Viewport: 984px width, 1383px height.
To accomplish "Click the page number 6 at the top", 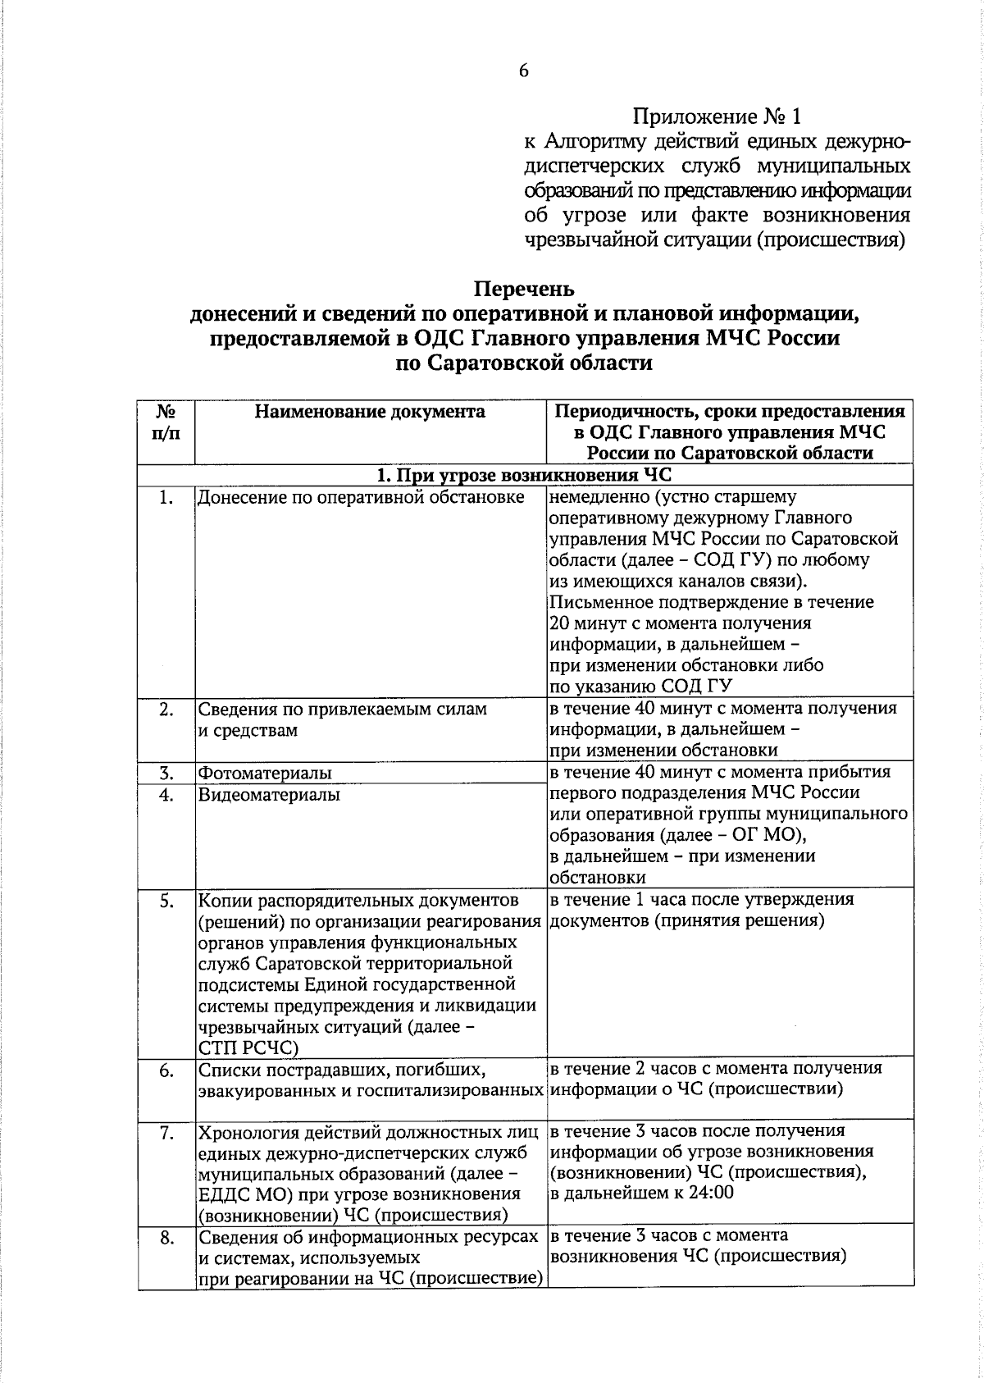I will pos(523,71).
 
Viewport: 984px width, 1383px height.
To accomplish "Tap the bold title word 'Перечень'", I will pos(525,290).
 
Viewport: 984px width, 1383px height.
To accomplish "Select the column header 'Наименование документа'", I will pos(370,412).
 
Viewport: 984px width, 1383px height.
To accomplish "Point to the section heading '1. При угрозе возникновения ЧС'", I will pos(525,475).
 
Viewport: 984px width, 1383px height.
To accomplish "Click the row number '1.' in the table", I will pos(166,497).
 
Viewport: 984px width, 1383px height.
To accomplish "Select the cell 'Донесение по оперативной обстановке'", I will pos(361,497).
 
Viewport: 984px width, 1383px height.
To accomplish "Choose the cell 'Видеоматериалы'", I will pos(269,794).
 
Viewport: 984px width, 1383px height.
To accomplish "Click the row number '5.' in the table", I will pos(166,901).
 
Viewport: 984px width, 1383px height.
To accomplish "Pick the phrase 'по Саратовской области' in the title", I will pos(525,363).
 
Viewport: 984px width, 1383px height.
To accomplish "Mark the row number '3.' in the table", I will pos(166,773).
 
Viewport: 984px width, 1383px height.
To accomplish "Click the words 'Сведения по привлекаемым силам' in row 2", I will pos(343,709).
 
